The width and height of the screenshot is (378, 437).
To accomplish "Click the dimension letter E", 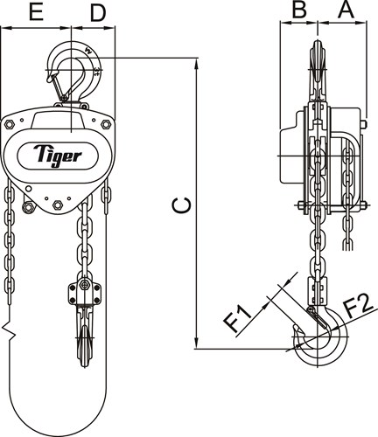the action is (36, 12).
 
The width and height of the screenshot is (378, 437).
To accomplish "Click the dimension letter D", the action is (97, 13).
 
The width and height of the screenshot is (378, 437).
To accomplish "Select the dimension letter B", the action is (299, 10).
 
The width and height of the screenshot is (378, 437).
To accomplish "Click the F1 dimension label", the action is (238, 319).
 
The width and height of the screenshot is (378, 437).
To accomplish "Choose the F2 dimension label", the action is (358, 307).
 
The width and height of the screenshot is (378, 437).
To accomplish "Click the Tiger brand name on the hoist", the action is (58, 156).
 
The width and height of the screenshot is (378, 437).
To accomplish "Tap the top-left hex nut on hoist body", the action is (10, 125).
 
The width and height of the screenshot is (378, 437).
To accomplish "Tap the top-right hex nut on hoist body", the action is (106, 124).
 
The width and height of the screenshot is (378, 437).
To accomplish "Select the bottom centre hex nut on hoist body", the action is (58, 205).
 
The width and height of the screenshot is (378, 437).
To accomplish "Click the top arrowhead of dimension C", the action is (198, 64).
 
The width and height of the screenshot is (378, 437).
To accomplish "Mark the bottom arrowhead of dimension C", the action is (198, 343).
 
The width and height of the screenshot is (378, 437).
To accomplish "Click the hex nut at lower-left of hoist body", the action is (28, 207).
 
